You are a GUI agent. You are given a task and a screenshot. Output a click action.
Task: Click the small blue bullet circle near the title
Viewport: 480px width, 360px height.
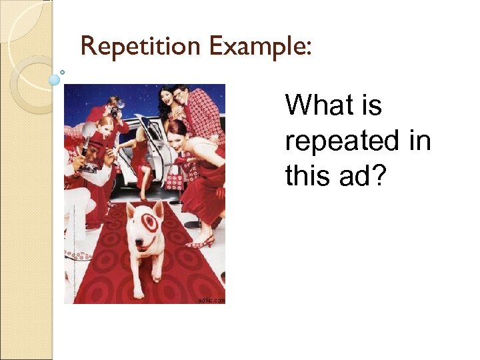[55, 79]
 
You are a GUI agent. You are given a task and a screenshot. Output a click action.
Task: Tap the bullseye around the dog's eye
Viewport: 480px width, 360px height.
[149, 224]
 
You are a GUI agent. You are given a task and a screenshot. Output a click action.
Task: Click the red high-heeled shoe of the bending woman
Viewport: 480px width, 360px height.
[201, 242]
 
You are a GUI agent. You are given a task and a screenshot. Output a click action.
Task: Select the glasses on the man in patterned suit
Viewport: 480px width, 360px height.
[179, 93]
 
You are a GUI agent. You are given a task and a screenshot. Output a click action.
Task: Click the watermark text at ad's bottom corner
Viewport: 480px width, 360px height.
[211, 300]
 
